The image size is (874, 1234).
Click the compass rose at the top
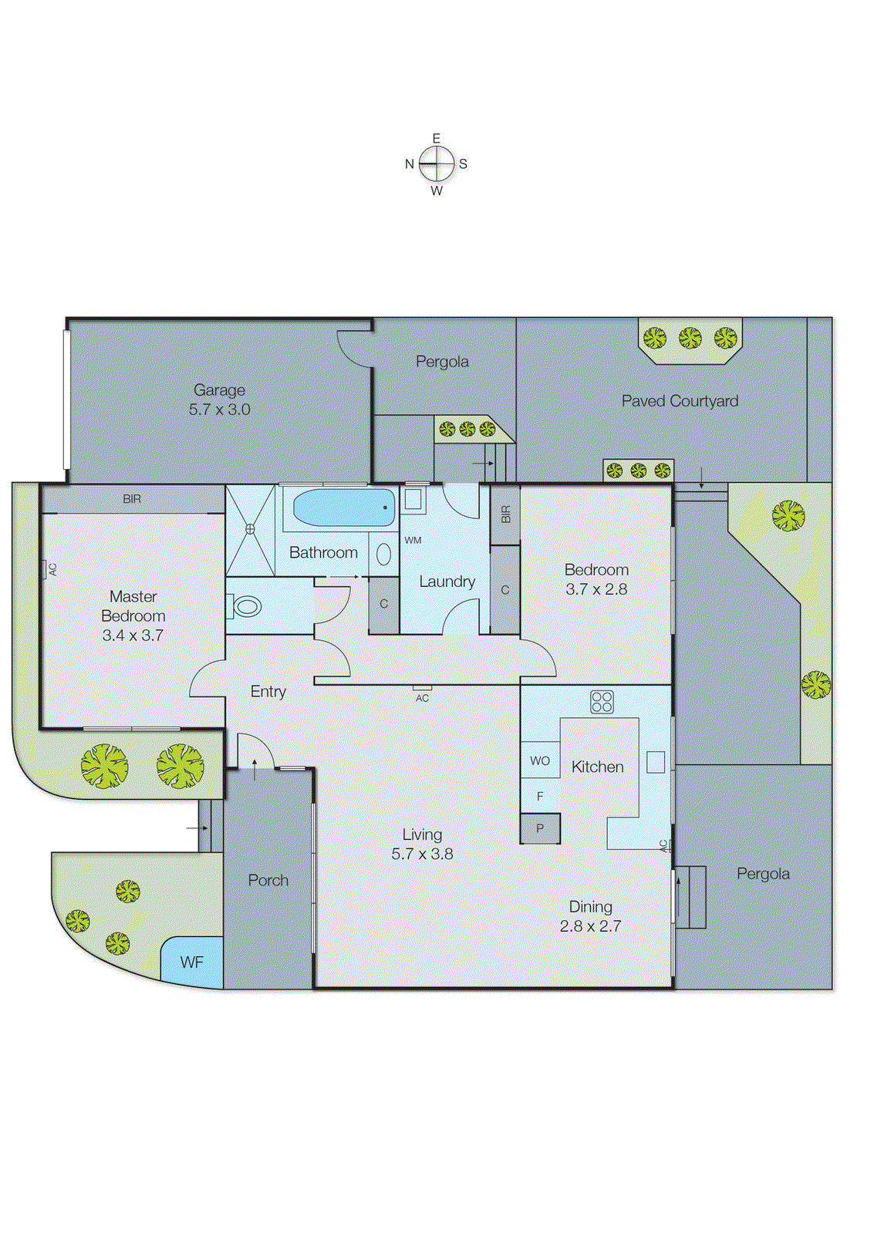[x=437, y=164]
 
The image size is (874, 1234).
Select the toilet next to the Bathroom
[x=245, y=606]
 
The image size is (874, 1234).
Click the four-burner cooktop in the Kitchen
[x=602, y=702]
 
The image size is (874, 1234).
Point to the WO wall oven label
[x=540, y=760]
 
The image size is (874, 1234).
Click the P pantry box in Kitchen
[x=540, y=828]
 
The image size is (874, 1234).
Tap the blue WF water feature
[x=192, y=962]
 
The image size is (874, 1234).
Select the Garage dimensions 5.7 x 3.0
[x=220, y=410]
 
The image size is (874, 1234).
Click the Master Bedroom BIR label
[x=132, y=499]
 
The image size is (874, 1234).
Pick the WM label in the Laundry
[x=413, y=540]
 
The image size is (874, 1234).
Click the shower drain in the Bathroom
[x=250, y=529]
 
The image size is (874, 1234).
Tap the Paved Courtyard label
[x=680, y=401]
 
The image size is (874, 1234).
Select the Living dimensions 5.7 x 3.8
[x=422, y=854]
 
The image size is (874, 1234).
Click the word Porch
[x=268, y=880]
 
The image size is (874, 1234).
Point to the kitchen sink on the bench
[x=656, y=761]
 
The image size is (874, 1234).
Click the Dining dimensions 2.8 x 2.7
[x=590, y=926]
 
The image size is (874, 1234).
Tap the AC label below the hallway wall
[x=422, y=698]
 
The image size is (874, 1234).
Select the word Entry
[x=268, y=692]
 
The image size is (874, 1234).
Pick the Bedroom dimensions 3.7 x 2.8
[x=596, y=589]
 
